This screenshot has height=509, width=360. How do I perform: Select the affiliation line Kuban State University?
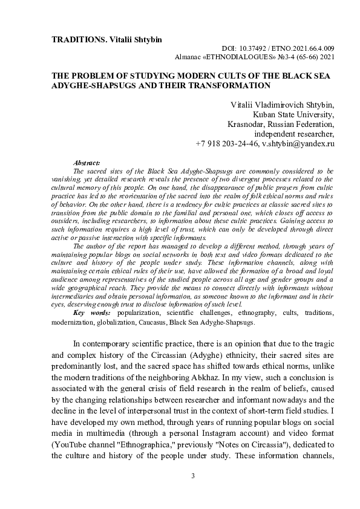point(293,115)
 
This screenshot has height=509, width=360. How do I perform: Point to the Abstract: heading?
point(87,164)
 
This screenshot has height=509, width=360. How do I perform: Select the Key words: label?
point(91,315)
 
